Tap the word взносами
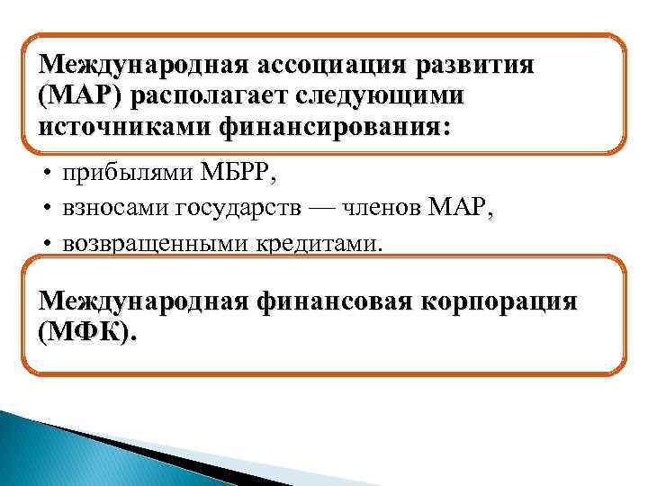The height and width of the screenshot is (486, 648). tap(114, 210)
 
